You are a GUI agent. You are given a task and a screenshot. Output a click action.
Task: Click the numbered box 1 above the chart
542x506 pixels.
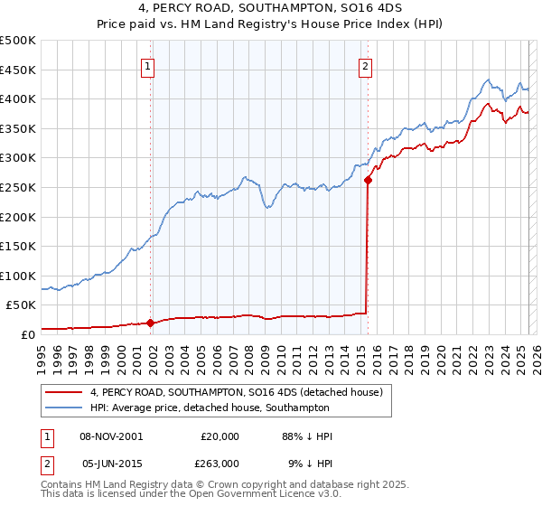click(146, 65)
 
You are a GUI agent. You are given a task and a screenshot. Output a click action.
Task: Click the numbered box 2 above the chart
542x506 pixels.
click(365, 65)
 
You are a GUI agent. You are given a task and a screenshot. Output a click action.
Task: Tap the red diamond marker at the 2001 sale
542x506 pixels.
click(151, 323)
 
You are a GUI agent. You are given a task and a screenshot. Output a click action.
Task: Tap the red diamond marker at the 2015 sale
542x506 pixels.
click(368, 180)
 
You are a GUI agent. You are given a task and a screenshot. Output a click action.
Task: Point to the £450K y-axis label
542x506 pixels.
click(19, 70)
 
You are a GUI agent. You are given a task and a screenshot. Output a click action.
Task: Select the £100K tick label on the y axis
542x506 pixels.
click(19, 276)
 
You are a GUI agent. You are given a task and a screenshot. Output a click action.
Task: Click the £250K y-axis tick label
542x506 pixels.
click(19, 187)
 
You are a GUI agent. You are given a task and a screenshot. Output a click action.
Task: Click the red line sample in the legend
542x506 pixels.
click(63, 392)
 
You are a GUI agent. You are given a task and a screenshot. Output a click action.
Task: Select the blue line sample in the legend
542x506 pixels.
click(63, 408)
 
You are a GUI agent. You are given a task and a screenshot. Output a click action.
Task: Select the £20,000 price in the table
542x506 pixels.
click(217, 436)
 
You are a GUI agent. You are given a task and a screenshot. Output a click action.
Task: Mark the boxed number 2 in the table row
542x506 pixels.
click(45, 464)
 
